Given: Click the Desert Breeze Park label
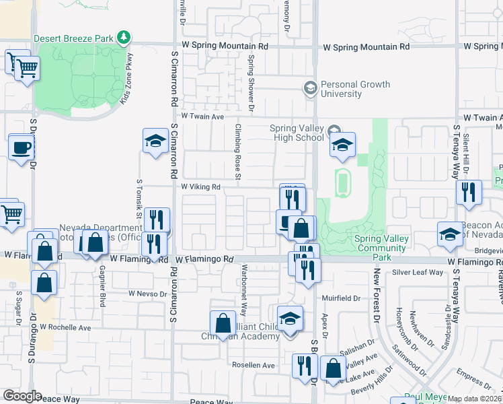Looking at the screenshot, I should coord(73,38).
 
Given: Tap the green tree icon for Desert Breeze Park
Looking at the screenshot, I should coord(123,37).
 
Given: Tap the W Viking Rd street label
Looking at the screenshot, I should coord(200,187).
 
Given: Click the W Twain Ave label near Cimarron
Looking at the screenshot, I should coord(202,116).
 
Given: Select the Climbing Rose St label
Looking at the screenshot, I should coord(238,151).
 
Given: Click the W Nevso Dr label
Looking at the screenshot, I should coord(147,294).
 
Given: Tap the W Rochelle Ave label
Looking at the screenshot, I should coord(65,327).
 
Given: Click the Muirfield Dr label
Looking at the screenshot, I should coord(341,298).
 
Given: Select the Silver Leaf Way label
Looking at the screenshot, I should coord(418,273).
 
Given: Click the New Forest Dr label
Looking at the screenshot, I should coord(377,296).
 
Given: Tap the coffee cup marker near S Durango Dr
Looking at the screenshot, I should coord(21,147).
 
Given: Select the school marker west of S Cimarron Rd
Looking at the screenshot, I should coord(155,141).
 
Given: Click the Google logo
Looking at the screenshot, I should coord(22,396).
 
